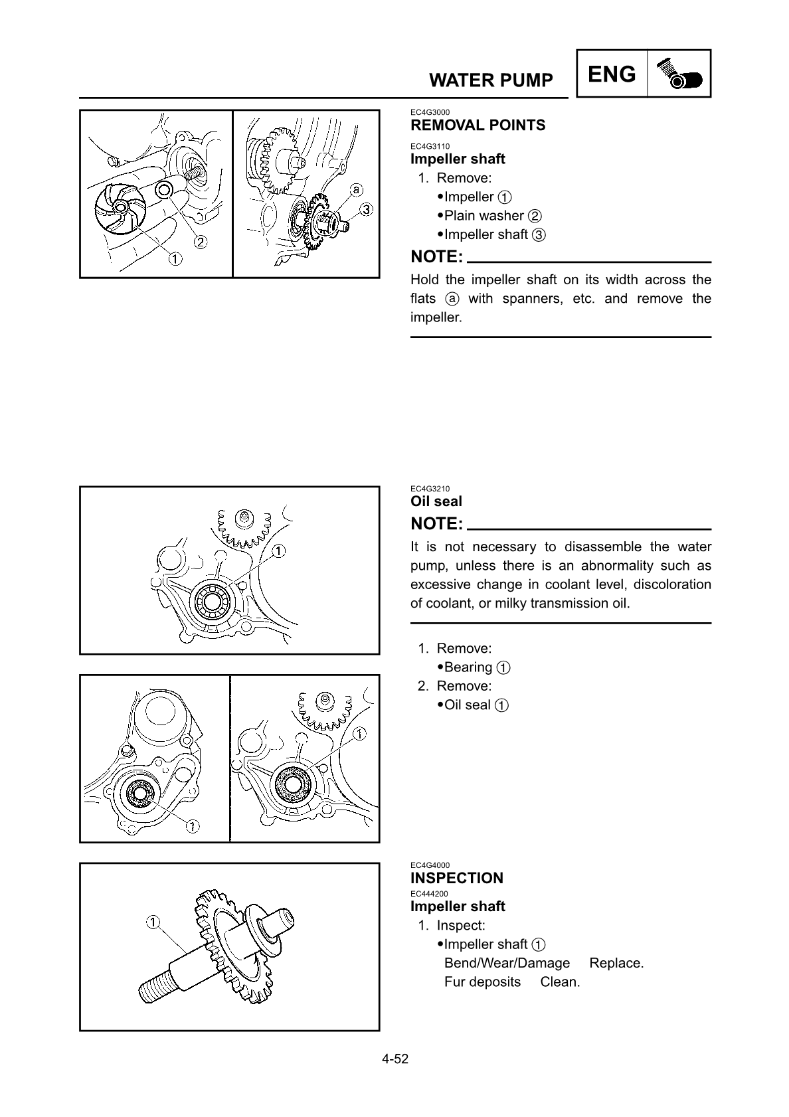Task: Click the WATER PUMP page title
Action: click(491, 80)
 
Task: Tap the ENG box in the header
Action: click(612, 74)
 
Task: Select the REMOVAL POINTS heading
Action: click(478, 125)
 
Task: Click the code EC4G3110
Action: click(430, 146)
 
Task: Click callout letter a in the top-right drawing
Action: click(357, 189)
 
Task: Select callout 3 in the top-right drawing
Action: click(365, 210)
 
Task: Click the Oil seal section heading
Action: click(436, 501)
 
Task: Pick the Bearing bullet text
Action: click(468, 667)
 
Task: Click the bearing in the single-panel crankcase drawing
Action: click(212, 602)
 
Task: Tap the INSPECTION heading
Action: click(457, 878)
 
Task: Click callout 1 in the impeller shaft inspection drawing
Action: click(152, 922)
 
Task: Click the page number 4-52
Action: click(394, 1059)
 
